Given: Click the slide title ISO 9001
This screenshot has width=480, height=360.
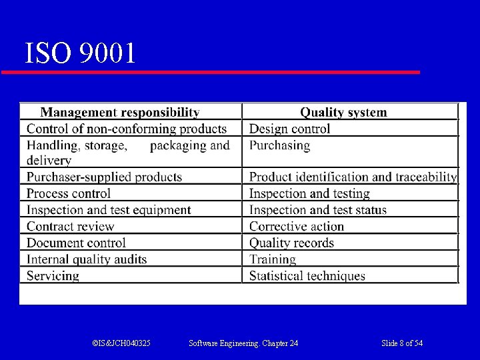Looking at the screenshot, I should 80,53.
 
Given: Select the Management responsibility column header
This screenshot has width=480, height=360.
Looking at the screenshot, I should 120,113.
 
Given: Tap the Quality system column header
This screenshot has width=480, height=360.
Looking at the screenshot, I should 343,113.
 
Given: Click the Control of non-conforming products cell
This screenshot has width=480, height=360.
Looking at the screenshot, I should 127,129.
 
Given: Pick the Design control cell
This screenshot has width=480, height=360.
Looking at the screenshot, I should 289,129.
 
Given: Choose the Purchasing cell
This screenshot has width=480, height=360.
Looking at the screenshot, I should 279,145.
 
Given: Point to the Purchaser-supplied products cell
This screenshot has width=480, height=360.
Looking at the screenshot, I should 104,177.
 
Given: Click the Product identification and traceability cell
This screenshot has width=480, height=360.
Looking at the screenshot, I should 353,177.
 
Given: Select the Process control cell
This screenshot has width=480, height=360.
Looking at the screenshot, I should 69,193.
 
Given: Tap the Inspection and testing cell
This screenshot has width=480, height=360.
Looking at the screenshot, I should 309,193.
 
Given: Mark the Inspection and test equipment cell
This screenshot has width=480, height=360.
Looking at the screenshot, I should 109,210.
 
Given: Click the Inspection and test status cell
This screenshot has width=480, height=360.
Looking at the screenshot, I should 317,210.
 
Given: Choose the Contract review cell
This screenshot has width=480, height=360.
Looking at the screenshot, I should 70,227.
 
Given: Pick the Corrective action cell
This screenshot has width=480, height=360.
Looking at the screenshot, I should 296,227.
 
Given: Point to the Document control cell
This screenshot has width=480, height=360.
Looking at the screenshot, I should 76,243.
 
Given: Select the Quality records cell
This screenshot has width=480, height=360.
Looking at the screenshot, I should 291,243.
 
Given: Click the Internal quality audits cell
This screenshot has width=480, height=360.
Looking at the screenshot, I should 87,259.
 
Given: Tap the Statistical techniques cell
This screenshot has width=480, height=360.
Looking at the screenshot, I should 307,275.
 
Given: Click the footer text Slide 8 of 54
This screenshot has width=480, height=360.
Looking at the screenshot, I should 402,343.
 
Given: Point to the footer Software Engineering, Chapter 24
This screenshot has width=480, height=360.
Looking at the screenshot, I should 243,343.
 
